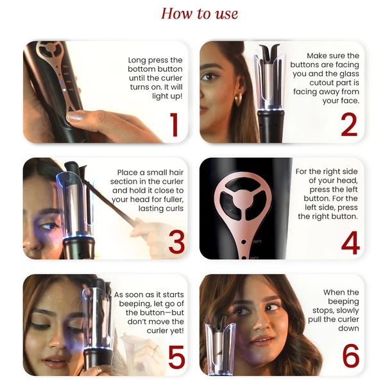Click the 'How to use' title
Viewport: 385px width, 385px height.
click(199, 13)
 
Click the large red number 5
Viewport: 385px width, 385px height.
click(176, 358)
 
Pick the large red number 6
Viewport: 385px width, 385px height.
click(350, 358)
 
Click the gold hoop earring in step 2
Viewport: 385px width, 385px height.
click(238, 99)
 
